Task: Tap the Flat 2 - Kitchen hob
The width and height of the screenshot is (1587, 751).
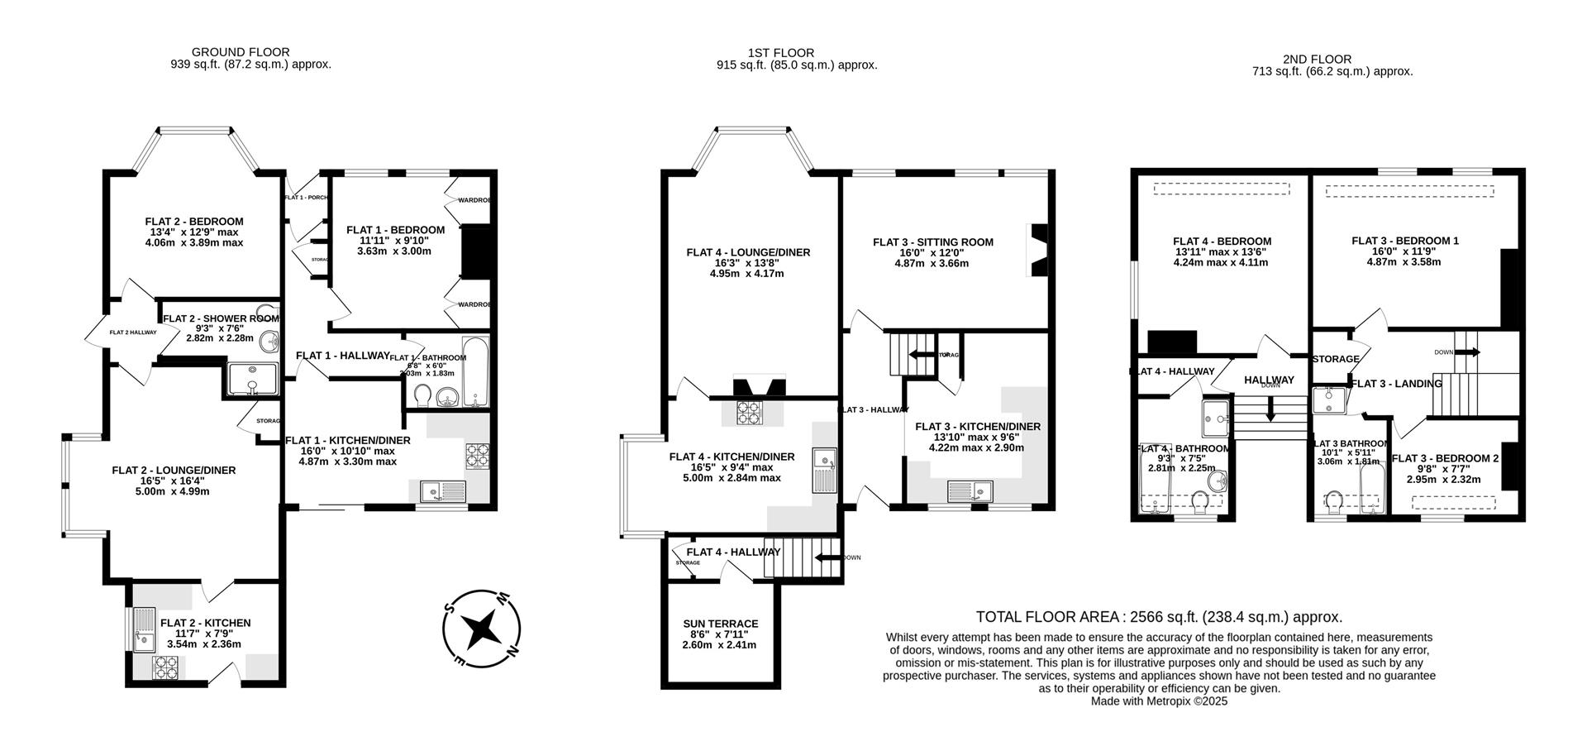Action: pyautogui.click(x=166, y=667)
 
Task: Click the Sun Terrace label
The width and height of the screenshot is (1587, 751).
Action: pyautogui.click(x=720, y=624)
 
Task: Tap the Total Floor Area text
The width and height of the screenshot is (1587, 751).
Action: pyautogui.click(x=1159, y=617)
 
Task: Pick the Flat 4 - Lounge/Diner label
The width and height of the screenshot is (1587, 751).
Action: pyautogui.click(x=747, y=252)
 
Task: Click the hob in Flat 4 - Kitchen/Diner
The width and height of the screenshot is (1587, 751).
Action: pyautogui.click(x=750, y=412)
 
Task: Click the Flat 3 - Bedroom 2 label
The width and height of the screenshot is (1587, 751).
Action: pyautogui.click(x=1444, y=458)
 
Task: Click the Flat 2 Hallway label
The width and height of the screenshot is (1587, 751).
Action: pyautogui.click(x=132, y=332)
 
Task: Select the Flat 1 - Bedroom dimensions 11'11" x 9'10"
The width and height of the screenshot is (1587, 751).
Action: pyautogui.click(x=395, y=241)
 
